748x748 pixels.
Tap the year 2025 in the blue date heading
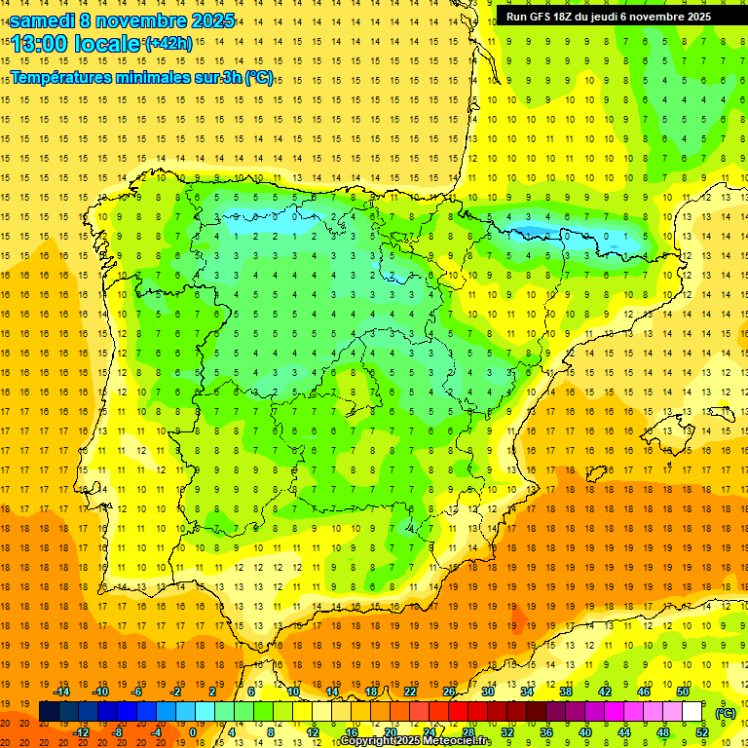coord(208,19)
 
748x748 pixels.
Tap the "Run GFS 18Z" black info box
coord(608,17)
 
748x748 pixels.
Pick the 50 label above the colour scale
coord(683,692)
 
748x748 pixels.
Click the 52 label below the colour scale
coord(702,732)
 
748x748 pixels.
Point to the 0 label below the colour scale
coord(193,732)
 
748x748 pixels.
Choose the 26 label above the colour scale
coord(449,692)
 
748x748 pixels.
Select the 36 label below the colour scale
coord(545,732)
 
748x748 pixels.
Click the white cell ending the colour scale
coord(692,712)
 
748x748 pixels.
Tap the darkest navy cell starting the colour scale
coord(49,712)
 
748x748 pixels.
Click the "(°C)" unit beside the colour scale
coord(725,713)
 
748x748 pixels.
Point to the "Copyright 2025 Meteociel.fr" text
coord(415,741)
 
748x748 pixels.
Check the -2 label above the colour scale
coord(176,692)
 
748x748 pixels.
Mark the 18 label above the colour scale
coord(371,692)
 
